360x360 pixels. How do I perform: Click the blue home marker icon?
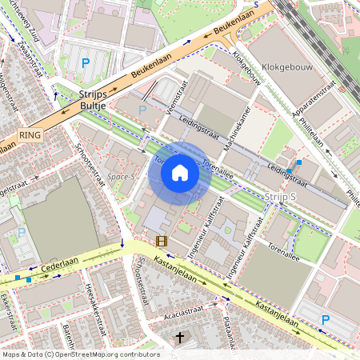[x=180, y=173]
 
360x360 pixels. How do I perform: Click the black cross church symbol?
[x=180, y=338]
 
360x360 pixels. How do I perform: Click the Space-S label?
[x=122, y=175]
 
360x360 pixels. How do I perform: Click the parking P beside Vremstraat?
[x=142, y=110]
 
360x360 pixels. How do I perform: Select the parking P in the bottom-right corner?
[x=326, y=320]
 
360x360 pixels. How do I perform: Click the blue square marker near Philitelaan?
[x=299, y=162]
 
